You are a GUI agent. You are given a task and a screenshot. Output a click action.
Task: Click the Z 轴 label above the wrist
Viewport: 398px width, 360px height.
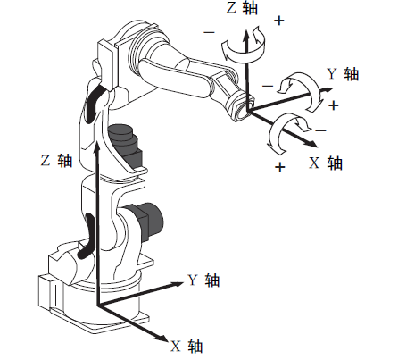(x=242, y=7)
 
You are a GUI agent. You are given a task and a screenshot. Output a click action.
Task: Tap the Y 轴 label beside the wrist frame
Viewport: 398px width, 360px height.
(x=343, y=73)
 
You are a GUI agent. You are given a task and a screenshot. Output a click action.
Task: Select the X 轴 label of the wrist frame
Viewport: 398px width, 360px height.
(x=326, y=163)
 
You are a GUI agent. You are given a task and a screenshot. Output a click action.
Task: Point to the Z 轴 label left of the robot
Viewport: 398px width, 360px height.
(x=56, y=160)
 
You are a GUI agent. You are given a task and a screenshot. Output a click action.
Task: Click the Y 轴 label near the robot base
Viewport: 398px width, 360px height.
(x=203, y=280)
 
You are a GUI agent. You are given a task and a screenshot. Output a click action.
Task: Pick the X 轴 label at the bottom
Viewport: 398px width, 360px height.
(x=187, y=347)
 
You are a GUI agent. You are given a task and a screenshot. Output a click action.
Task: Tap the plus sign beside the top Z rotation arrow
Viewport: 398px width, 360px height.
(x=279, y=21)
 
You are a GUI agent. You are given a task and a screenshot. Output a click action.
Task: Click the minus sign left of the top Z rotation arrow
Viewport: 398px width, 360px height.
(x=209, y=32)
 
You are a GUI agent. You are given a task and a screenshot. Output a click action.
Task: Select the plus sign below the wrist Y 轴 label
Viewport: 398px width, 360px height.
(x=334, y=105)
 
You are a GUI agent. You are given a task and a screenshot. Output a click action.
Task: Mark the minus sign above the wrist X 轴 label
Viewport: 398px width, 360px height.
(x=320, y=130)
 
